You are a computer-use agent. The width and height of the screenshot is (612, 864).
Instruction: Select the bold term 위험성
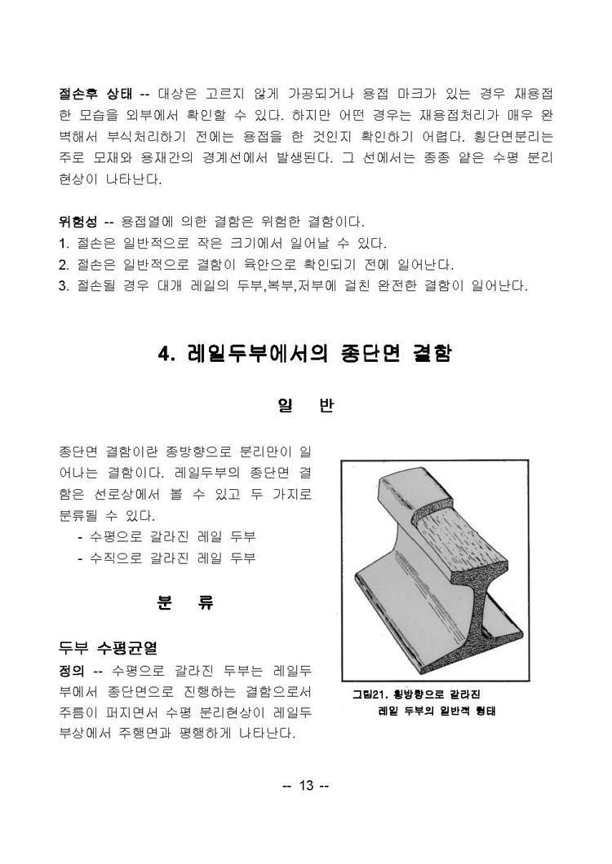coord(78,222)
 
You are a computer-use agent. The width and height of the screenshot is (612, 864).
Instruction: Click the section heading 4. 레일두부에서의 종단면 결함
coord(304,355)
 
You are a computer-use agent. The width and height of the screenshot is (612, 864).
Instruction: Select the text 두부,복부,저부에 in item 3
coord(270,285)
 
